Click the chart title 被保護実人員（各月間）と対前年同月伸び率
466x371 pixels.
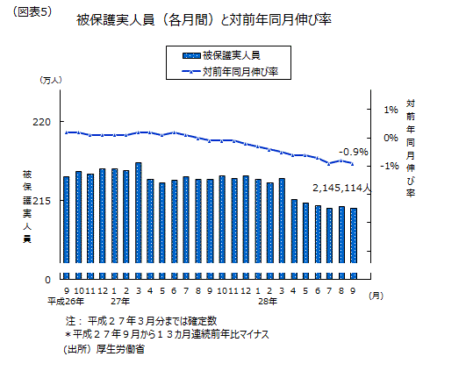[204, 20]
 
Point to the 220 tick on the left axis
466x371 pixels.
[41, 122]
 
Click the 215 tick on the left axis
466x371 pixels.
[41, 201]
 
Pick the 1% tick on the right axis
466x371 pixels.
[391, 110]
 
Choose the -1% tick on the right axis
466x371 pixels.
[390, 166]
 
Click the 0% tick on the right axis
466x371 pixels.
[391, 138]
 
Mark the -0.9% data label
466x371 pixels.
[354, 152]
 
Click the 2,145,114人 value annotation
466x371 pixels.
[341, 188]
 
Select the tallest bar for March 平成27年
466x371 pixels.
[138, 212]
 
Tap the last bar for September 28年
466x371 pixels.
[354, 236]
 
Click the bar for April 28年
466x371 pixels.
[294, 231]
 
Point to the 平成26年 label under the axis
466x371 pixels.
[66, 302]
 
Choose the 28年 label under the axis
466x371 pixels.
[268, 302]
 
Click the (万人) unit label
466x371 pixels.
[51, 80]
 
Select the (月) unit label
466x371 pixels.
[376, 296]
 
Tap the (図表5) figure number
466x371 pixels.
[32, 12]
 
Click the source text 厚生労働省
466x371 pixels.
[120, 349]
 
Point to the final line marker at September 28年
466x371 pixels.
[353, 164]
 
